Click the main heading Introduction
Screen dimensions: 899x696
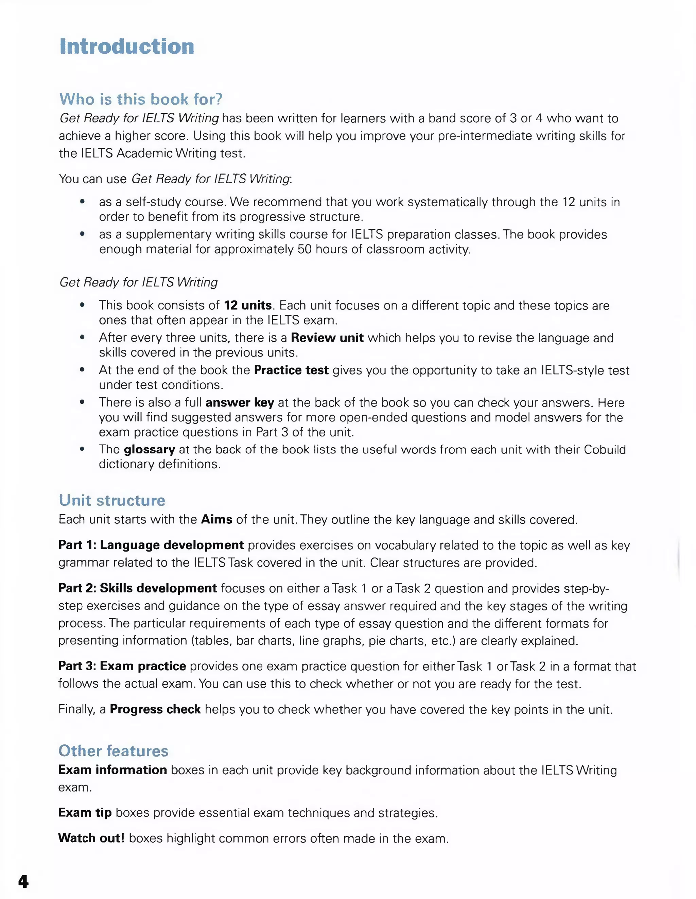click(x=127, y=47)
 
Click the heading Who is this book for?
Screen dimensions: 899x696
click(x=141, y=99)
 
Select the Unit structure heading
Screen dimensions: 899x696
click(x=111, y=500)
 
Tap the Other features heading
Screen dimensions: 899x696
click(x=113, y=751)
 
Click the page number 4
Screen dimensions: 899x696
click(x=23, y=881)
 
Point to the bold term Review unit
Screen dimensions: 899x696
click(x=327, y=338)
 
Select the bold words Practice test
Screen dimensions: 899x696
click(x=291, y=370)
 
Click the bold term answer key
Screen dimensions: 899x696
click(x=240, y=402)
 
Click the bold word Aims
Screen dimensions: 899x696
click(x=216, y=519)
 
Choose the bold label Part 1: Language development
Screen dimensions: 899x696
click(x=151, y=545)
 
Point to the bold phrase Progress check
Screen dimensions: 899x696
click(x=155, y=709)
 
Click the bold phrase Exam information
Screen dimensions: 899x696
click(x=112, y=770)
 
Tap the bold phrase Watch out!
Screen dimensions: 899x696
click(x=91, y=838)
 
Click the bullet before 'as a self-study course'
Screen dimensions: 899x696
click(x=82, y=202)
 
